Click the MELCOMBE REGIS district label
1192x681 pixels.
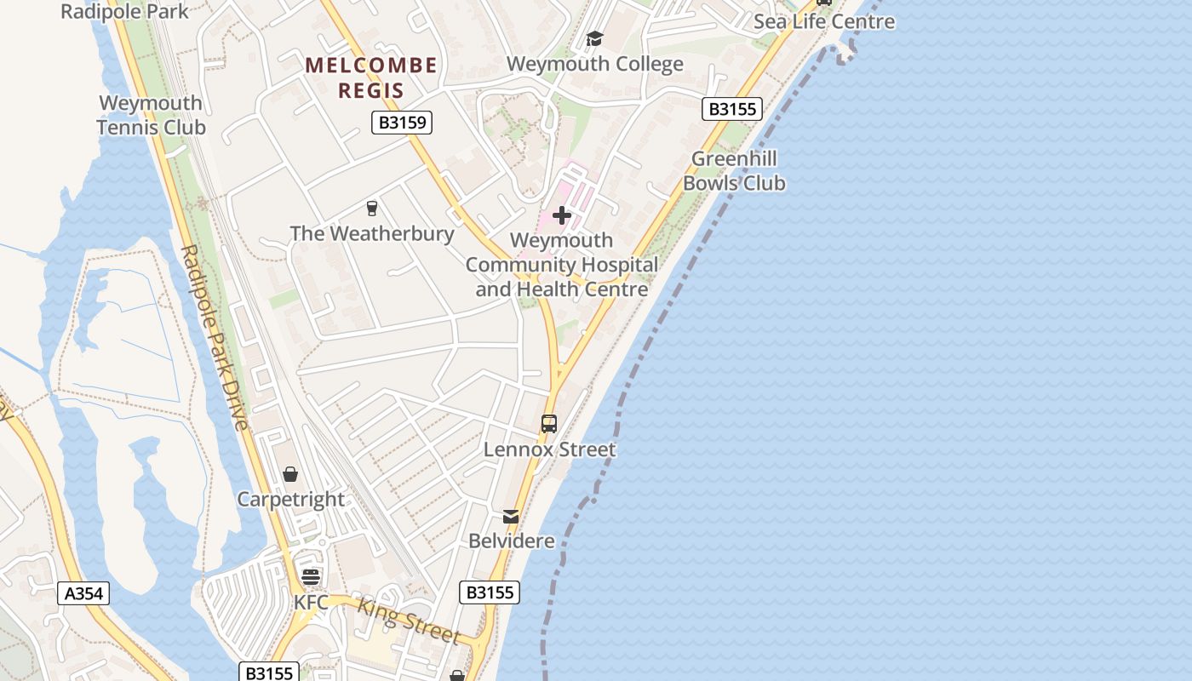(x=371, y=77)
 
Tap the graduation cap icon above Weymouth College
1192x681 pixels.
(x=594, y=39)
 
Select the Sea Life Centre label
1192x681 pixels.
(x=824, y=21)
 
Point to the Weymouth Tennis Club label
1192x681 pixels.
(x=152, y=115)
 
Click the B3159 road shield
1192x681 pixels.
(x=402, y=123)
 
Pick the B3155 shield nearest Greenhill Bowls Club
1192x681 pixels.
(x=731, y=109)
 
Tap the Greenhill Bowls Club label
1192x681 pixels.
(x=734, y=170)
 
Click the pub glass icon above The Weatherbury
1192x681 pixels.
(x=371, y=208)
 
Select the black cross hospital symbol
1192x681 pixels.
(x=562, y=215)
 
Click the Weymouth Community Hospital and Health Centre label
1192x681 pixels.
(x=562, y=265)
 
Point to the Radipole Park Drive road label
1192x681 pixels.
(x=215, y=337)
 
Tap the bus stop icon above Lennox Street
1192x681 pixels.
(x=549, y=423)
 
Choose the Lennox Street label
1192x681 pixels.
(x=549, y=449)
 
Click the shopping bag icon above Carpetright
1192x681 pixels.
(x=290, y=474)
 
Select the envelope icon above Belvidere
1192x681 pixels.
(x=511, y=516)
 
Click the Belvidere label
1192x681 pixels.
(x=511, y=541)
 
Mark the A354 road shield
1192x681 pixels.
(x=83, y=592)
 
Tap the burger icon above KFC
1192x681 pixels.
(x=311, y=577)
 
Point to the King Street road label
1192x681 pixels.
(x=409, y=621)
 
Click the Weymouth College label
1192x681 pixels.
(x=594, y=65)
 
